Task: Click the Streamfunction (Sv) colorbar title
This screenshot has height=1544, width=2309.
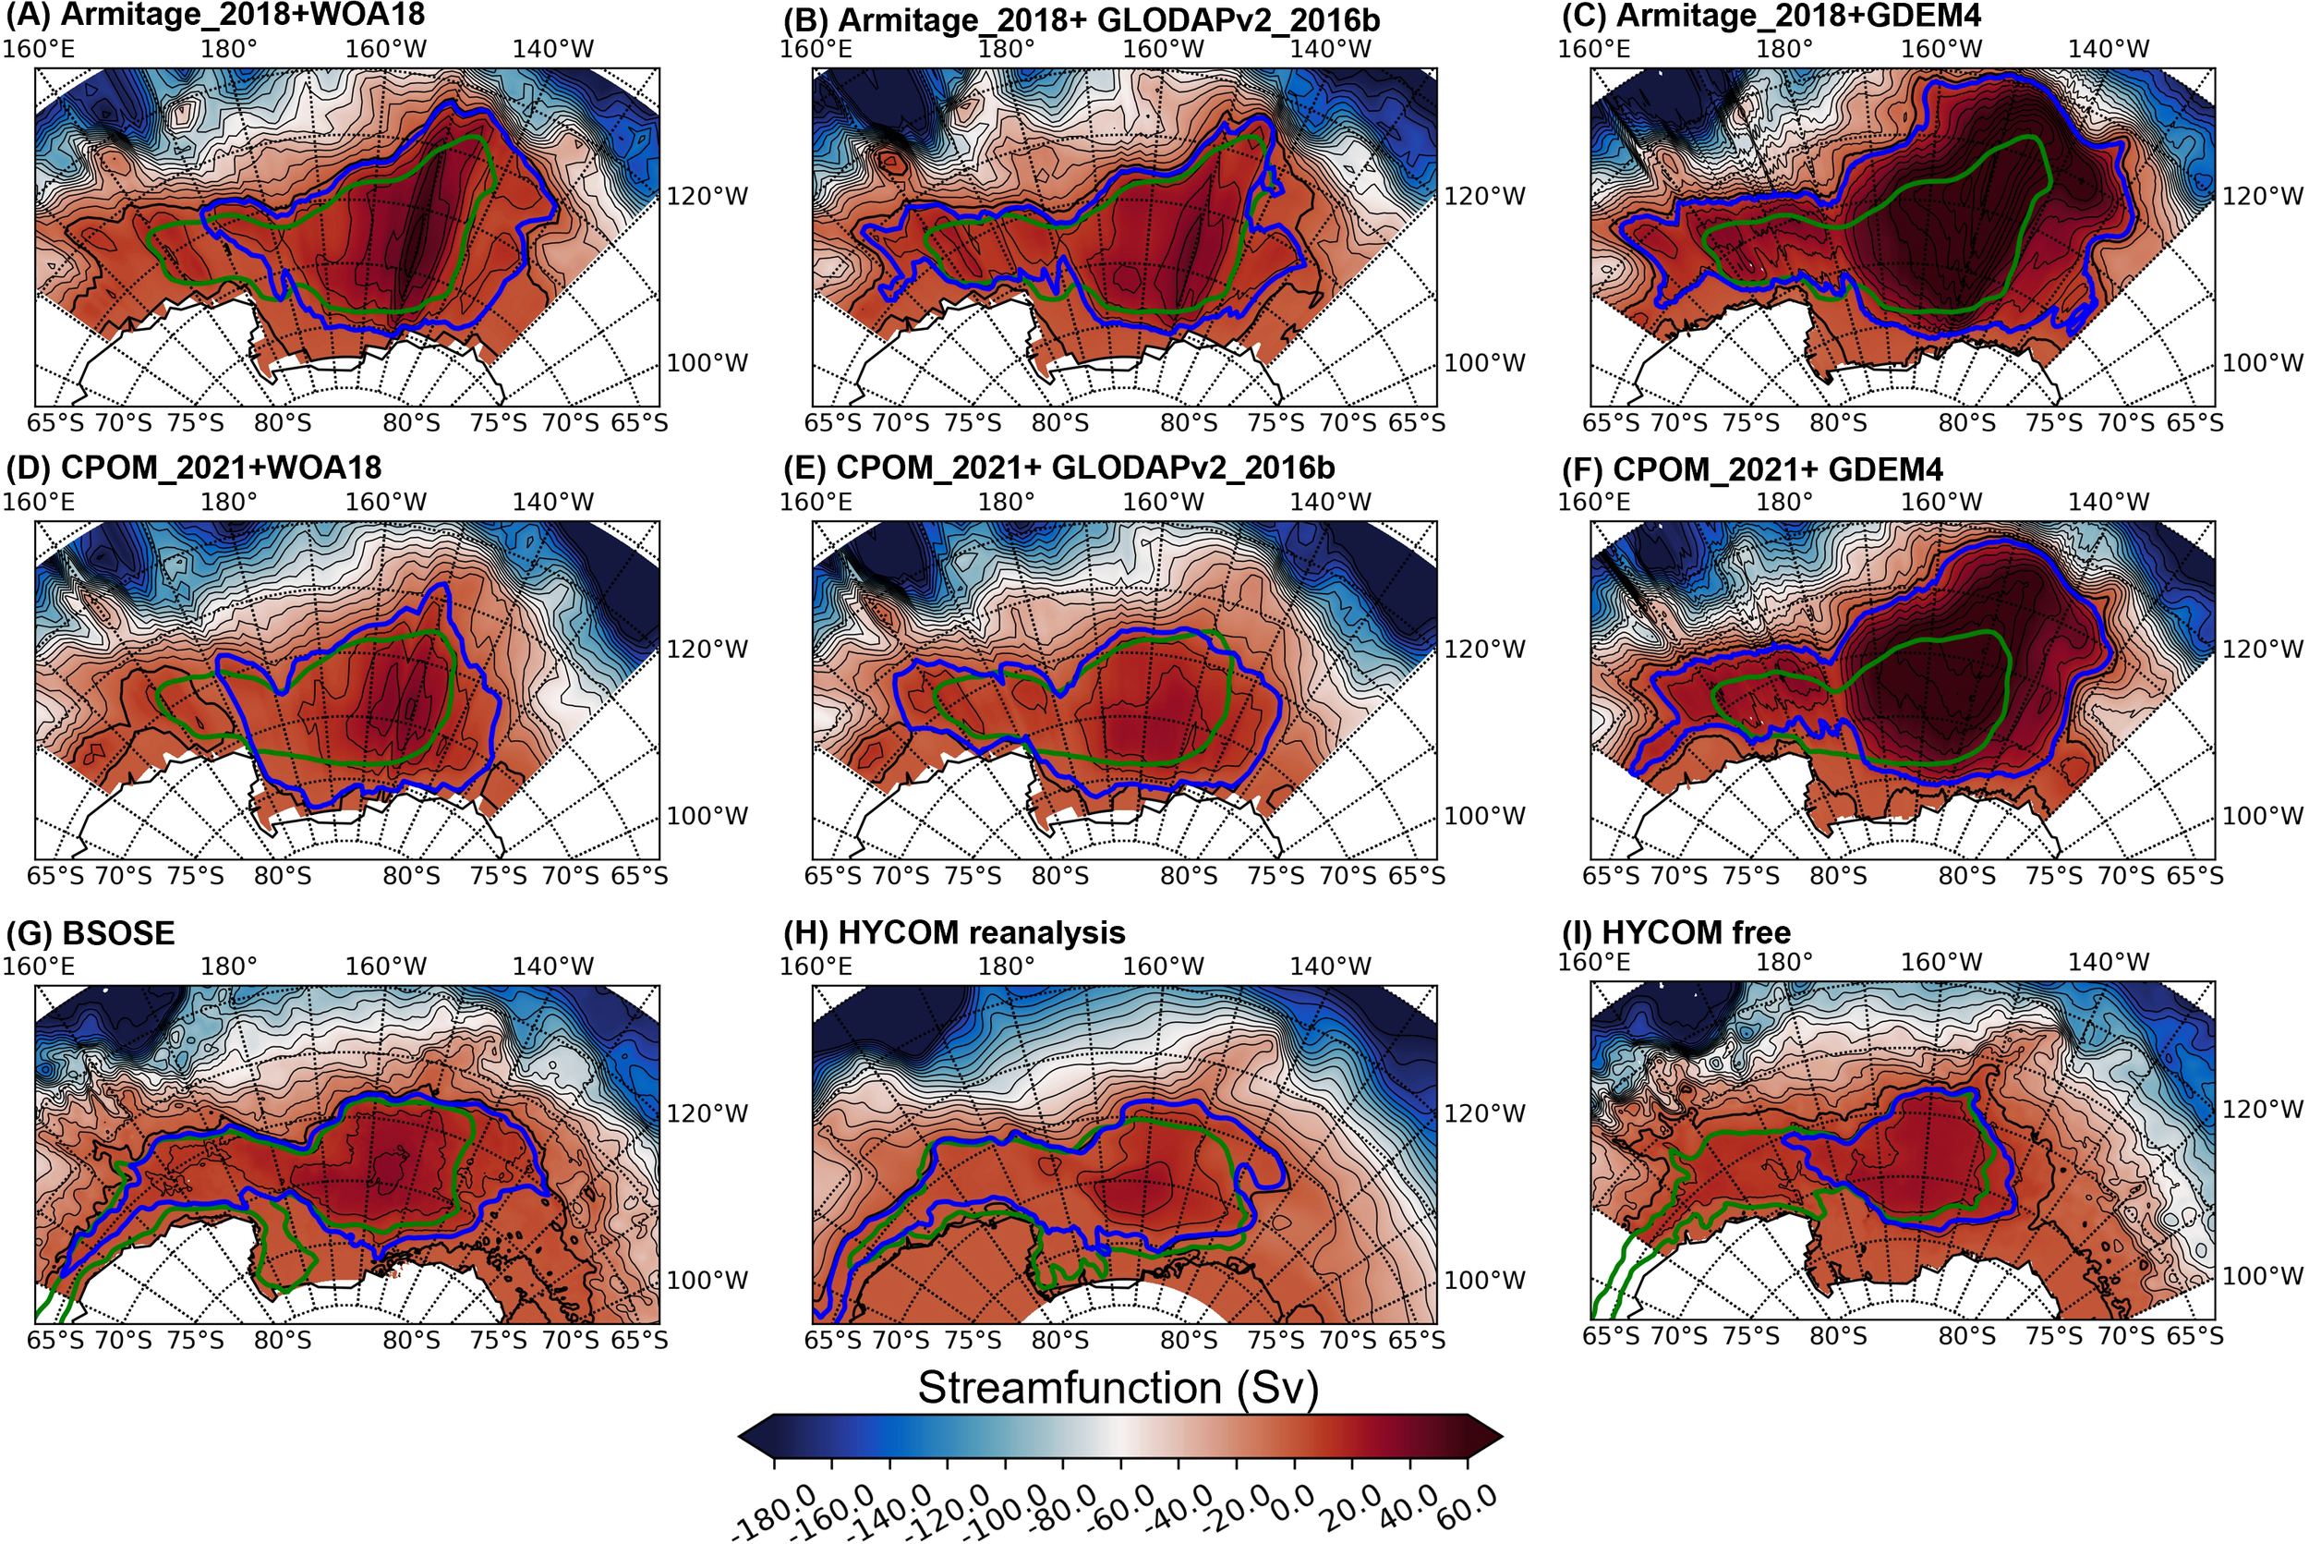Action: [x=1118, y=1388]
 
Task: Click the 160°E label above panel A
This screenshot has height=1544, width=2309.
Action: [x=39, y=48]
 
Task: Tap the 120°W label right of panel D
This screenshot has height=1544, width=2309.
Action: [x=707, y=649]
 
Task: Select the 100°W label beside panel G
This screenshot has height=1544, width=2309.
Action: [x=707, y=1280]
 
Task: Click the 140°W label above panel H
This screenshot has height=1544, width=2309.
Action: [x=1331, y=966]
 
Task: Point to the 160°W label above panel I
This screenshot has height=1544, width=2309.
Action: [x=1940, y=962]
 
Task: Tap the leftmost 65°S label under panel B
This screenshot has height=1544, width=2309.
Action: [x=833, y=423]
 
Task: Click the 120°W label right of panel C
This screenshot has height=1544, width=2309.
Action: [x=2263, y=196]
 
